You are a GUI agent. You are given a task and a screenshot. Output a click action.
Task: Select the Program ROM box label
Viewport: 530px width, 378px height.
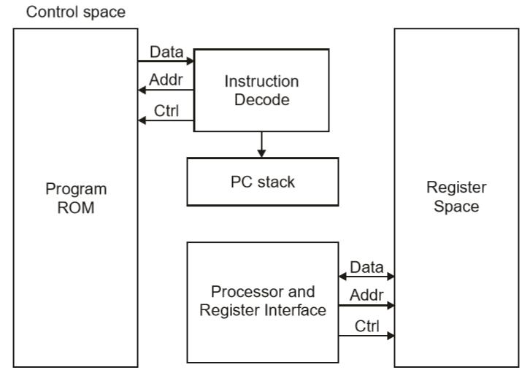click(x=77, y=197)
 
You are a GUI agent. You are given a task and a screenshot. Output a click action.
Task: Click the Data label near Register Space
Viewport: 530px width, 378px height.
click(x=367, y=267)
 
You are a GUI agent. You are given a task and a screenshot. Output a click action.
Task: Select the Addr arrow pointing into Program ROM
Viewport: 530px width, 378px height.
click(x=166, y=91)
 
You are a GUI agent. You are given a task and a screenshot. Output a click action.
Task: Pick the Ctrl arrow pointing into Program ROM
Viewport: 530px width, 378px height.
click(x=166, y=120)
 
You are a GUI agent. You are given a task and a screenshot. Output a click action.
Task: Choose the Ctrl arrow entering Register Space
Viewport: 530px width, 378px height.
click(x=367, y=336)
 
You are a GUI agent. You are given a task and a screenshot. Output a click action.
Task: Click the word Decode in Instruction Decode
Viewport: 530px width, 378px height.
click(x=261, y=99)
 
